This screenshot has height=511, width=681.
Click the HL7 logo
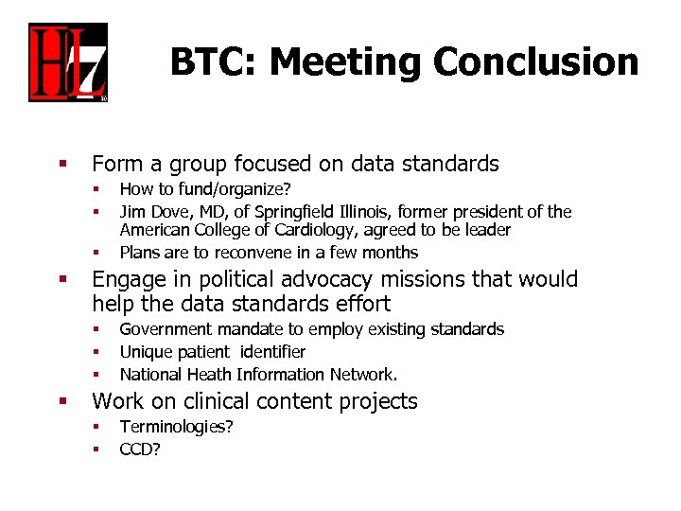coord(67,62)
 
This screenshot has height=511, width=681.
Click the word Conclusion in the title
coord(536,62)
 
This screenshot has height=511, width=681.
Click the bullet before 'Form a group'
coord(62,165)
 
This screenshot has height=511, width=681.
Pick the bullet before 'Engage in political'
coord(62,280)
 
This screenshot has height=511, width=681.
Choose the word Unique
coord(144,352)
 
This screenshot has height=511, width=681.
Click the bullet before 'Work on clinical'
coord(62,401)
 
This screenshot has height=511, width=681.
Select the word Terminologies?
coord(176,427)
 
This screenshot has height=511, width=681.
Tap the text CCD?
coord(140,449)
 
